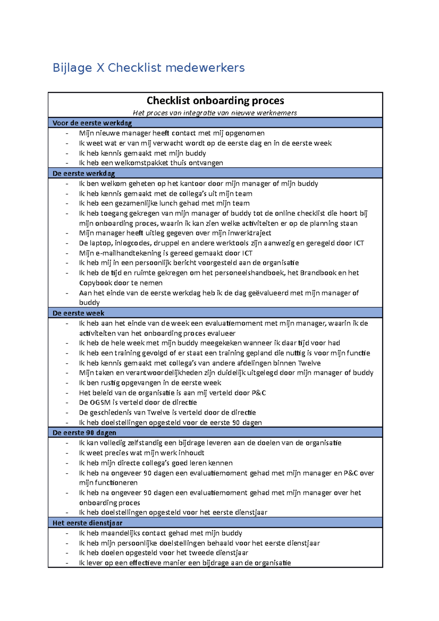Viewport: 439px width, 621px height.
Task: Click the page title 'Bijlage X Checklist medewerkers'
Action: (149, 68)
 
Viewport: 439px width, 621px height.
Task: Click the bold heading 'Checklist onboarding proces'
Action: (215, 101)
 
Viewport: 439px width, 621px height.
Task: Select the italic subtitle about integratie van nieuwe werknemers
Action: (215, 113)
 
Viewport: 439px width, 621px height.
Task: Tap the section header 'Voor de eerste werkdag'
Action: (92, 123)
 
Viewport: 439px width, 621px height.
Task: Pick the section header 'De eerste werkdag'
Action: (84, 173)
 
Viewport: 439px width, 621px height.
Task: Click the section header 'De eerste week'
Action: (78, 313)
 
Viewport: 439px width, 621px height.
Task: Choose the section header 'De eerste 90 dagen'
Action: (84, 433)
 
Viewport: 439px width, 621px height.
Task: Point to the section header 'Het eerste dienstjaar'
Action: (87, 523)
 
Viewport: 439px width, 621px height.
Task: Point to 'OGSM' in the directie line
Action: (100, 402)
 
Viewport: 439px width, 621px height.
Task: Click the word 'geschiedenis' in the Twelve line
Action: (111, 413)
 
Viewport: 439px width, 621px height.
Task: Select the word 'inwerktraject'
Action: (249, 233)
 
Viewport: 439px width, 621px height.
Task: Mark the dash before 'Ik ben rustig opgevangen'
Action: (67, 383)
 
